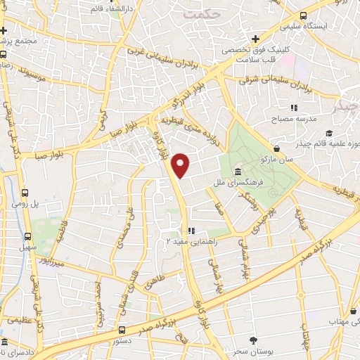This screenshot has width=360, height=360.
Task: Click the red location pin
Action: [181, 165]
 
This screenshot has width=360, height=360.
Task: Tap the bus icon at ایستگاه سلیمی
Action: [302, 15]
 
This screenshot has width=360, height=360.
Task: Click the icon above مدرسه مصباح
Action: [295, 108]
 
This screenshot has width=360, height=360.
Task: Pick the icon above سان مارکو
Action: [279, 149]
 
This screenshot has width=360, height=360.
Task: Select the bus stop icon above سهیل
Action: [28, 236]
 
